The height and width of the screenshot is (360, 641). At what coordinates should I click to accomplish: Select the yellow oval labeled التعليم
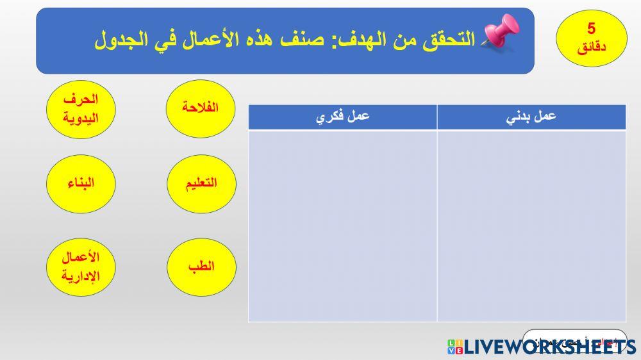click(201, 184)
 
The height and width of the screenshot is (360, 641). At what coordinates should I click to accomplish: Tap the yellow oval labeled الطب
click(201, 267)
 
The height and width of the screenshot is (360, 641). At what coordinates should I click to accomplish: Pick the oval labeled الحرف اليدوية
click(81, 110)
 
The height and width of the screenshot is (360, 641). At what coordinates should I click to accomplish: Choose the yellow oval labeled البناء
click(81, 184)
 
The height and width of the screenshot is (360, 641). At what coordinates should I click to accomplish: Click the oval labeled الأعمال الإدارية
click(81, 267)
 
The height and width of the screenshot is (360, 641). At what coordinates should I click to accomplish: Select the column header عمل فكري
click(343, 117)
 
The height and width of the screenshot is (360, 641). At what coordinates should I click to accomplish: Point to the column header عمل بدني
click(531, 117)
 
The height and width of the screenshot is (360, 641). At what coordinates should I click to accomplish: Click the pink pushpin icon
click(500, 33)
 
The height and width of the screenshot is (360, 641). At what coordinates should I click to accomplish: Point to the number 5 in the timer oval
click(591, 28)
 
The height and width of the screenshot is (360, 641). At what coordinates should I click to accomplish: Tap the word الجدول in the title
click(118, 40)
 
